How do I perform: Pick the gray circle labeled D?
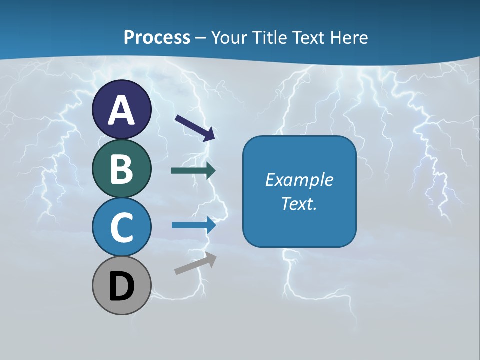[x=121, y=286]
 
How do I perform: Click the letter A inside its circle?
[x=121, y=110]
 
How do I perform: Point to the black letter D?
[x=121, y=287]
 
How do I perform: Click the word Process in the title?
[x=157, y=37]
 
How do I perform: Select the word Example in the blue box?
[x=299, y=180]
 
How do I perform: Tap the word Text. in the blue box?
[x=299, y=203]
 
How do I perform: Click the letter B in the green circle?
[x=121, y=168]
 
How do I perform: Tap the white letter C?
[x=121, y=227]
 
